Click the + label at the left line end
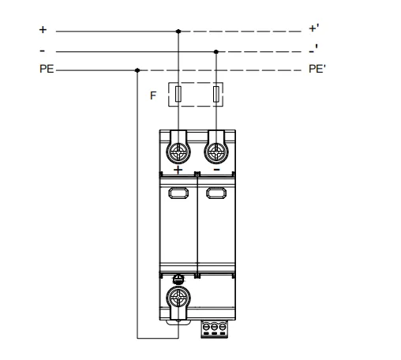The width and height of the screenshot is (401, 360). [43, 29]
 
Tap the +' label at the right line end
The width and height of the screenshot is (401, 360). [314, 28]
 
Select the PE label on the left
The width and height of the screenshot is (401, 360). [47, 69]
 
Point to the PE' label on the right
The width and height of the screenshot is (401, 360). [317, 69]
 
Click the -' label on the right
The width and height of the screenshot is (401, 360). [313, 49]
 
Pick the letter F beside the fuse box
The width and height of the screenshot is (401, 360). [153, 96]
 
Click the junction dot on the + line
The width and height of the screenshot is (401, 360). [178, 32]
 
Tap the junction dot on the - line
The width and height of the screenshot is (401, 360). [216, 51]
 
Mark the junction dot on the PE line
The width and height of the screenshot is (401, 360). [137, 70]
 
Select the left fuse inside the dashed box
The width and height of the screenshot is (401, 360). [178, 94]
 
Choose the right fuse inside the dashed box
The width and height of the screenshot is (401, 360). [216, 94]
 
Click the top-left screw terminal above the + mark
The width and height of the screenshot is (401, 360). [178, 152]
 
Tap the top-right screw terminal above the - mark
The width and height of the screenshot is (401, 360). [216, 152]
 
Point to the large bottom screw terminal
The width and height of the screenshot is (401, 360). [178, 298]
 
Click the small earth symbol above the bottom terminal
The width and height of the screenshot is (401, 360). [178, 279]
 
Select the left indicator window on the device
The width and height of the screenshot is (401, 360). [178, 193]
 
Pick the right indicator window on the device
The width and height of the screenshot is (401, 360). [216, 193]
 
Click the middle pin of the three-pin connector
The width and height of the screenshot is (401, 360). [214, 327]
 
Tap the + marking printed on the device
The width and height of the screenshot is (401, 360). [178, 170]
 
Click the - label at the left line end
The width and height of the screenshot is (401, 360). [42, 51]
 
